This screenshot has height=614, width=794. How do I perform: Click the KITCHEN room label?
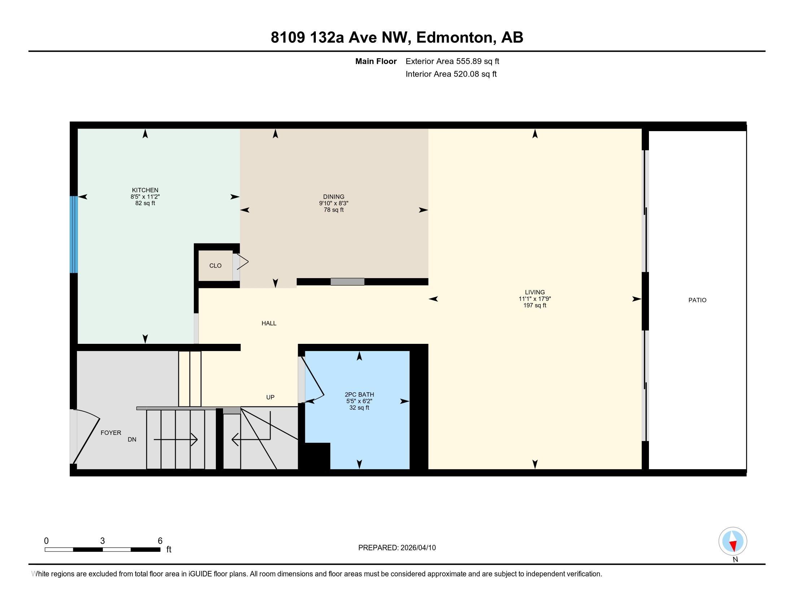click(145, 190)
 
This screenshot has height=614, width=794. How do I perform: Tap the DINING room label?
click(333, 197)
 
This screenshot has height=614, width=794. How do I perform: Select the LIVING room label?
click(535, 292)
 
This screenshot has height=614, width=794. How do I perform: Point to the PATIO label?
click(697, 300)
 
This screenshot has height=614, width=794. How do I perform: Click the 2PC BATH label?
click(359, 395)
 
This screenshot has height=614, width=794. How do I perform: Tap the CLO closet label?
click(215, 266)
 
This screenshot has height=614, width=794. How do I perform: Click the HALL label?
click(269, 323)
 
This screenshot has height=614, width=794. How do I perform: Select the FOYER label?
click(111, 433)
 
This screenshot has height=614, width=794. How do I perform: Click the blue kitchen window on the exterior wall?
click(74, 235)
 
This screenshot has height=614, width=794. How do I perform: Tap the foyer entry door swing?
click(87, 440)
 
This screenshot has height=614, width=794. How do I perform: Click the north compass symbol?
click(733, 541)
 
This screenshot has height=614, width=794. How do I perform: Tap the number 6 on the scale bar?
click(160, 541)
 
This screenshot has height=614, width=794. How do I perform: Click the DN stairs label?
click(132, 440)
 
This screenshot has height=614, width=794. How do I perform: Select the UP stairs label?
click(270, 397)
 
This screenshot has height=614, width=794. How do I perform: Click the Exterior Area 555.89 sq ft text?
click(452, 61)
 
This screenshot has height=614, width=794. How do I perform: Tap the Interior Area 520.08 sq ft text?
click(451, 74)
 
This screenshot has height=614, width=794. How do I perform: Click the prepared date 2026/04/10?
click(418, 548)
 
